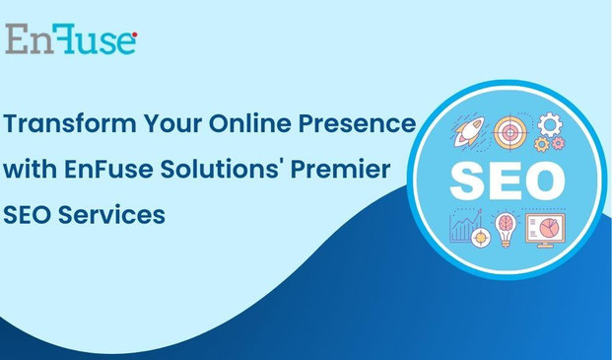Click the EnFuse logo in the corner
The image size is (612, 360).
71,39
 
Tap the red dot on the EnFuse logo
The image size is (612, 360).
134,36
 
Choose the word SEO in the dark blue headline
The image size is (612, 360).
29,213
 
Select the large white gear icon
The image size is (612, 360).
550,123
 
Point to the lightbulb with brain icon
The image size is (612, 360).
506,226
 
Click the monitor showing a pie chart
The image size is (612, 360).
544,229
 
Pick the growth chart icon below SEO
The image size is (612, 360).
464,229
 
